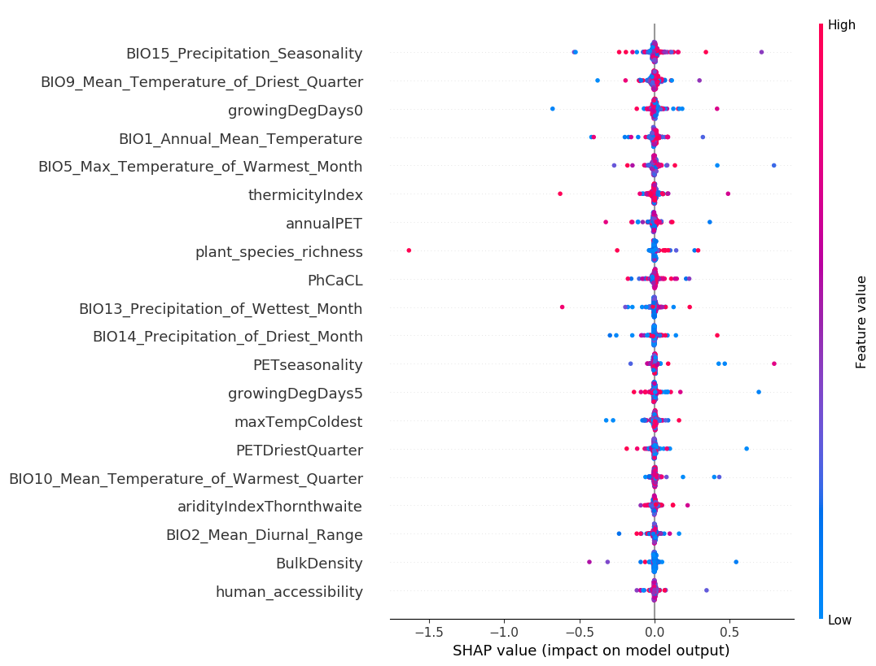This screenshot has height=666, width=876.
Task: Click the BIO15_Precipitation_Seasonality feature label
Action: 243,54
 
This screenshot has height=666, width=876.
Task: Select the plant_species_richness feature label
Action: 278,252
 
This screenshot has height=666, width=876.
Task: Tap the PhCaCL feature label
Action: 335,281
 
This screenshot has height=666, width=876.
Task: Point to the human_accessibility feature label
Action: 289,592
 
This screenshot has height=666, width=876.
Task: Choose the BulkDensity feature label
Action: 319,564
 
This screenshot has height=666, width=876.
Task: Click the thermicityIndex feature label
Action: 305,195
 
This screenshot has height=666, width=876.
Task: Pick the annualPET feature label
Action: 324,224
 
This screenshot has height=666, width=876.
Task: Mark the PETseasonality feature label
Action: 308,365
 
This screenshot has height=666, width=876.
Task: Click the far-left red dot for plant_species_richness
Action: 409,250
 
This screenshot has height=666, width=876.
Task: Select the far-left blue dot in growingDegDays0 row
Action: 553,109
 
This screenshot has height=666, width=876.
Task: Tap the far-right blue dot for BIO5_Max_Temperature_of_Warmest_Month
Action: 773,165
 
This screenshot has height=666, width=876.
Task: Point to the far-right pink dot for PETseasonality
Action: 773,363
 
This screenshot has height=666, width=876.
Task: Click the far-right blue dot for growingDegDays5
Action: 759,392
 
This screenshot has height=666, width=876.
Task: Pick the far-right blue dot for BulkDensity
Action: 736,562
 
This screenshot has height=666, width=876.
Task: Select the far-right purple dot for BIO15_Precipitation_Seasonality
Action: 761,52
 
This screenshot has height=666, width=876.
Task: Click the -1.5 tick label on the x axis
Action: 428,632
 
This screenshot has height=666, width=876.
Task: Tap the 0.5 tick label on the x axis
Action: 729,632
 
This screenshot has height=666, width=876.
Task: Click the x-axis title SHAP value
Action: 591,651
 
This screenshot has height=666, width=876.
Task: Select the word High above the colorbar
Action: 841,25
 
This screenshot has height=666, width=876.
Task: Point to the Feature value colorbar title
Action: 861,322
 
